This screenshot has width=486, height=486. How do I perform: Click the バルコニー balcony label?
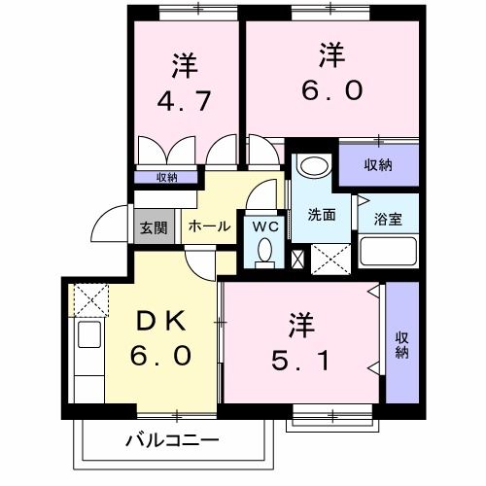pos(171,439)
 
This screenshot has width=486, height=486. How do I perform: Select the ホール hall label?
pos(208,226)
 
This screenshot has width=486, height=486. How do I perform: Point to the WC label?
pos(264,226)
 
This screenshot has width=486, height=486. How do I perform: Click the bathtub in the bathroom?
pos(388,254)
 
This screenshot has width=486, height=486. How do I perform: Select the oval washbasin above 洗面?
pos(312,164)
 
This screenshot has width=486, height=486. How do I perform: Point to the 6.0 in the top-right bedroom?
pos(331,90)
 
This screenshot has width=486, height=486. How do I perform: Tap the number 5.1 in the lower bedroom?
pos(299,363)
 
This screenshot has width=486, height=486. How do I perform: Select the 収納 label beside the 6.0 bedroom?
pos(378,164)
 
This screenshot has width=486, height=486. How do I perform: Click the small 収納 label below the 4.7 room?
pos(167,177)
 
